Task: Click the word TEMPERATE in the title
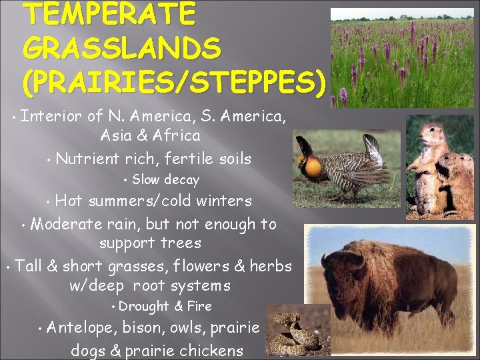click(x=109, y=15)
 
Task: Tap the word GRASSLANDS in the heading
click(x=121, y=48)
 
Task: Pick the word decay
click(x=181, y=179)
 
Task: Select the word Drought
click(x=143, y=306)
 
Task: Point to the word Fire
click(x=199, y=306)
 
